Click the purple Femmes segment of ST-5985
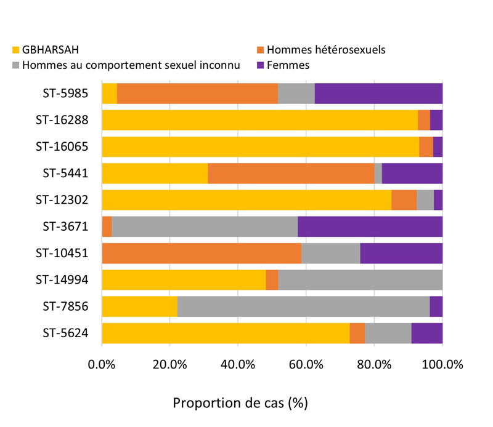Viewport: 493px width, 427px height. coord(378,94)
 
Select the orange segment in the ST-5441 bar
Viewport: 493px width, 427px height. coord(291,174)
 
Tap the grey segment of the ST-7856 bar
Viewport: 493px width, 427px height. coord(303,306)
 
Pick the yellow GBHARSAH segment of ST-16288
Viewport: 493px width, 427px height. coord(259,120)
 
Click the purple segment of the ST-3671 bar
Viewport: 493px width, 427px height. coord(370,226)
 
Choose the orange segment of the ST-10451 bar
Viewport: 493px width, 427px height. coord(202,253)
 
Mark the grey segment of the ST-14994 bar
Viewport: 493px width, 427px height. coord(360,280)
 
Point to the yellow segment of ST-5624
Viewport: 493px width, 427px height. coord(226,333)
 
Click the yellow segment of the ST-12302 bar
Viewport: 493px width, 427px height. coord(246,200)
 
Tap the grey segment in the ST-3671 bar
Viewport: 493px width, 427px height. coord(205,226)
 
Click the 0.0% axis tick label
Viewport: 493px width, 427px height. coord(102,364)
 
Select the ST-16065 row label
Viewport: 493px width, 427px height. coord(62,146)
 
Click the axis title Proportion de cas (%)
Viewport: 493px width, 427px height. coord(240,404)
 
